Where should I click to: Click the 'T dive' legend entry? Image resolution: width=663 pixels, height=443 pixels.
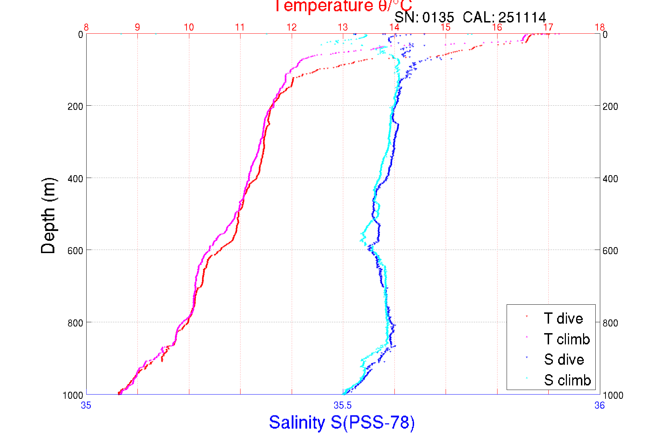click(563, 318)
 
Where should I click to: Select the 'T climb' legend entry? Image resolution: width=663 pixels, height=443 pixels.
click(567, 339)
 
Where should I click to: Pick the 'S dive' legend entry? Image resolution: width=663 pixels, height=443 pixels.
click(564, 359)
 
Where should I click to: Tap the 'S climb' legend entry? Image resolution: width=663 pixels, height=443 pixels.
click(567, 380)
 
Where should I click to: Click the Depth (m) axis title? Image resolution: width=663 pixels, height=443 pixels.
click(48, 216)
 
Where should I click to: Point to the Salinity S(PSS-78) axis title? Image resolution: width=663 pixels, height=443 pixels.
click(342, 422)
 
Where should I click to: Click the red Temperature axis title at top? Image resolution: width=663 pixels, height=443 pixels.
click(343, 6)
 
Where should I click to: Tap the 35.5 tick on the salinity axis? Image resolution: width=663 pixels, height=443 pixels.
click(343, 406)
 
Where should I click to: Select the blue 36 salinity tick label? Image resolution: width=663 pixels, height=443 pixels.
click(600, 406)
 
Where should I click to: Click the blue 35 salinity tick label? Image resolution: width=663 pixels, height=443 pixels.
click(86, 406)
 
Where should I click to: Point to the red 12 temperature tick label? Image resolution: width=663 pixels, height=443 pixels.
click(292, 27)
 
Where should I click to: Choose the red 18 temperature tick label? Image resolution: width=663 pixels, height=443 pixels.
click(600, 27)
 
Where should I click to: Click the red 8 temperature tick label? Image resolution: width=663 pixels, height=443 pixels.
click(86, 27)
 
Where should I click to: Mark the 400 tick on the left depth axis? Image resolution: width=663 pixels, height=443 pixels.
click(75, 179)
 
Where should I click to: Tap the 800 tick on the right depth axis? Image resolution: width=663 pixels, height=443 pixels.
click(610, 323)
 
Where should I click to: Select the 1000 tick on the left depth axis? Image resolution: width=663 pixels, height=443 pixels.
click(73, 396)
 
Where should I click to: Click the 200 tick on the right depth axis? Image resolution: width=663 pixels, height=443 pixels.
click(610, 106)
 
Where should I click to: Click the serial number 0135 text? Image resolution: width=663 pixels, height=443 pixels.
click(438, 17)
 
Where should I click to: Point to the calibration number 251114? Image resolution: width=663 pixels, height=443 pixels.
click(522, 17)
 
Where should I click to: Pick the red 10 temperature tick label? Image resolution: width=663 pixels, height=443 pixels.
click(189, 27)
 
